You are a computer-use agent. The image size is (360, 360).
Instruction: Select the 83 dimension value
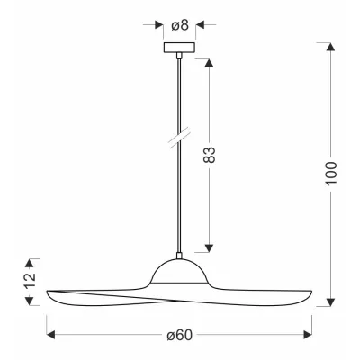[x=209, y=156]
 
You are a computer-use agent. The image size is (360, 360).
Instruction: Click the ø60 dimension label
[x=180, y=336]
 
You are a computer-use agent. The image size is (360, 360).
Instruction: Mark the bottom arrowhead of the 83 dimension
[x=209, y=247]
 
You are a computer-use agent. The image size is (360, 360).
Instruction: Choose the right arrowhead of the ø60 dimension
[x=308, y=336]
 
